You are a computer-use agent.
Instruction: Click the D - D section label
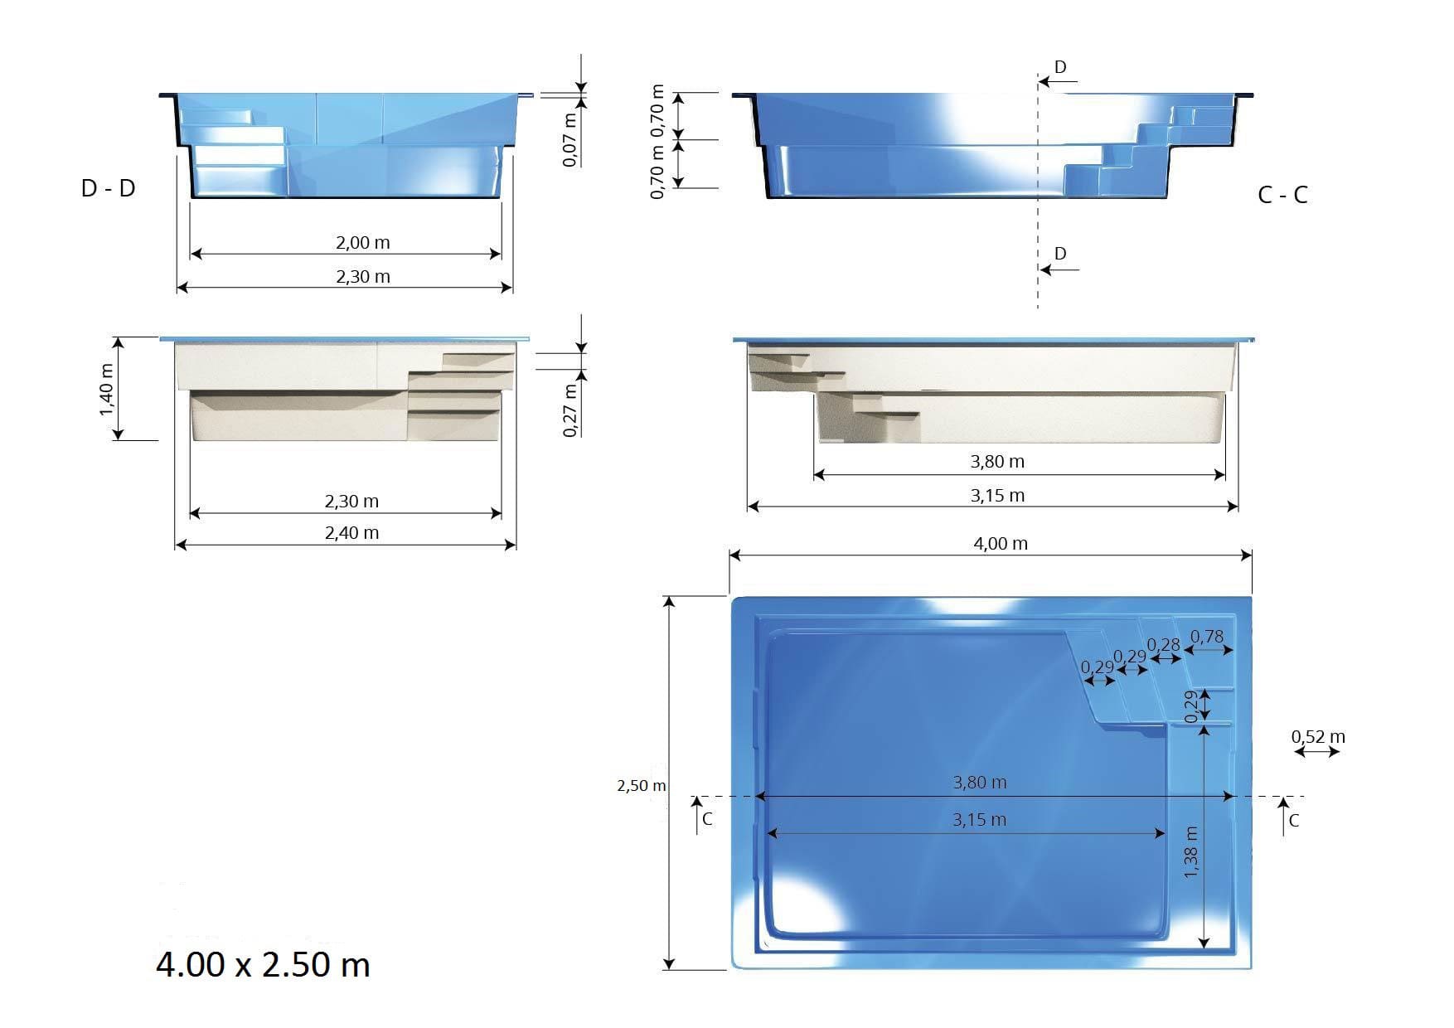tap(108, 188)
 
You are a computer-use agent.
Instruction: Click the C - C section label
tap(1282, 195)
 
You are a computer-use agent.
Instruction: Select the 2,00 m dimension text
tap(362, 243)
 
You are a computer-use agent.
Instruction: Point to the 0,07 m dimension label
tap(569, 139)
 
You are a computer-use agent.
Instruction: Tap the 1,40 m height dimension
tap(107, 390)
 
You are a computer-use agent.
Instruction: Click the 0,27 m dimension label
tap(569, 410)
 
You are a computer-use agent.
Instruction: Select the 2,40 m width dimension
tap(351, 533)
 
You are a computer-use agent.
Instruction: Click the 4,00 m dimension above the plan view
tap(1000, 544)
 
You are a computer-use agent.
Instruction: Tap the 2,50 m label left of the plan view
tap(641, 785)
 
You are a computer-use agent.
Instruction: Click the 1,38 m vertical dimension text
tap(1191, 852)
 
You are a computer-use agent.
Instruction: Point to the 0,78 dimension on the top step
tap(1206, 637)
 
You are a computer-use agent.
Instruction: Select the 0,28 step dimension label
tap(1163, 644)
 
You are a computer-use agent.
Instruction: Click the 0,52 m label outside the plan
tap(1318, 736)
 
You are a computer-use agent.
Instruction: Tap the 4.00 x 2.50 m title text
tap(263, 965)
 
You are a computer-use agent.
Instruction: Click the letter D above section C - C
tap(1060, 67)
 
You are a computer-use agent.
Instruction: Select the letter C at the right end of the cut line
tap(1294, 821)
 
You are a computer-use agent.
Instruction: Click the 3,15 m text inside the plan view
tap(979, 820)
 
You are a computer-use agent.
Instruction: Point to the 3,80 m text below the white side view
tap(997, 462)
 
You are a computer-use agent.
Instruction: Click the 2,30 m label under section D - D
tap(362, 277)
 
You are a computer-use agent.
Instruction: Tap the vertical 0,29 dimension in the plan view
tap(1190, 706)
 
